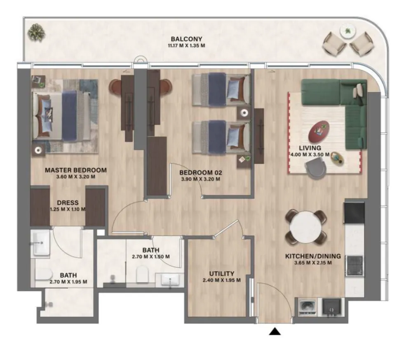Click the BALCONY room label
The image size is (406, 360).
pos(186,39)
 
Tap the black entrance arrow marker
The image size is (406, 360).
pos(275,331)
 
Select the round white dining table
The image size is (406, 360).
pos(305,227)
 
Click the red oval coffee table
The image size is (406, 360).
pos(319,131)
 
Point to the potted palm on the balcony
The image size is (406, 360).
pos(37,33)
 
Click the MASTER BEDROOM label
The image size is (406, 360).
pos(75,170)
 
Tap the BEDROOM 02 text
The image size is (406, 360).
pos(201,172)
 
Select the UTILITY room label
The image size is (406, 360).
pos(222,273)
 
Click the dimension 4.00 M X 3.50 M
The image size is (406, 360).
pos(310,155)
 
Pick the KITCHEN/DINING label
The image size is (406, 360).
pos(313,256)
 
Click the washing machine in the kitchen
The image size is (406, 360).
pos(307,307)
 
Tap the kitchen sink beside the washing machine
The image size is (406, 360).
pos(331,307)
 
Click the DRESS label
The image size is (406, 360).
pos(68,203)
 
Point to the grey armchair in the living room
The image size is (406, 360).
pos(316,168)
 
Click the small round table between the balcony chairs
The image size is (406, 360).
pos(348,31)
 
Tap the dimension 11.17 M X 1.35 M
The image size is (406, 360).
pos(186,46)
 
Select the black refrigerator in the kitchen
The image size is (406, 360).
pos(354,213)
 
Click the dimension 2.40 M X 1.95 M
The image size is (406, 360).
pos(222,280)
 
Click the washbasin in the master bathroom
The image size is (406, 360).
pos(40,243)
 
